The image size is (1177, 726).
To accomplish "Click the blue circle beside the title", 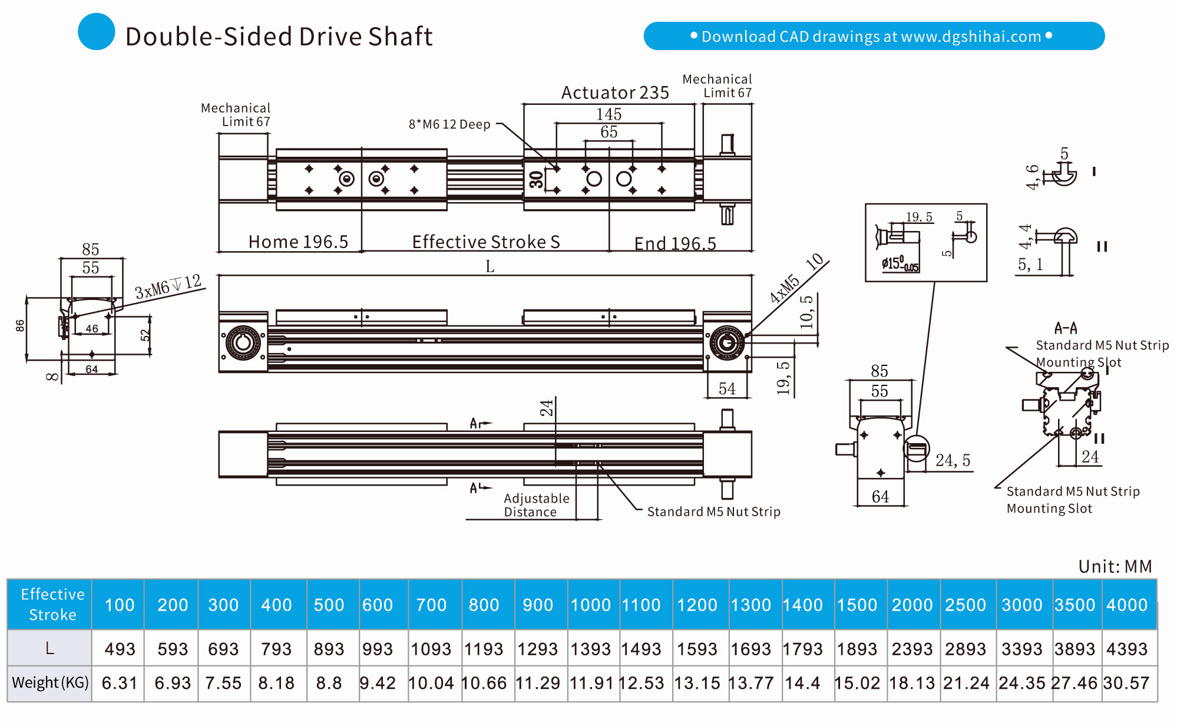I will [96, 32].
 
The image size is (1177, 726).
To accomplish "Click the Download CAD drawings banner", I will [874, 36].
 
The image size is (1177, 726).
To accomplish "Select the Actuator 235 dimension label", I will [614, 93].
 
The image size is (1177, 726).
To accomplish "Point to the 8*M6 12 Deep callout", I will [449, 124].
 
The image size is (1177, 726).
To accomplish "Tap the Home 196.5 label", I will [298, 242].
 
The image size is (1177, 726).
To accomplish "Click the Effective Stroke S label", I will [485, 242].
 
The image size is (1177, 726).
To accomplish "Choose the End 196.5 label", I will [675, 243].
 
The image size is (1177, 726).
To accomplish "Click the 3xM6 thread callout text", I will [168, 286].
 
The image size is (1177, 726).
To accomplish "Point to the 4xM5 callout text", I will [785, 289].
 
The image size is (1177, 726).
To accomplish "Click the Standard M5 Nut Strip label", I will [713, 511].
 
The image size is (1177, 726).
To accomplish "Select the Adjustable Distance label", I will [536, 505].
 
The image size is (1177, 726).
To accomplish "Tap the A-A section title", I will [1066, 328].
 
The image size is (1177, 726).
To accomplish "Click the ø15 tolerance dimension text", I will [900, 263].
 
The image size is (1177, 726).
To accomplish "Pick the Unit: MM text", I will [1115, 566].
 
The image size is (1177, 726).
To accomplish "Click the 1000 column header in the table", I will [591, 605].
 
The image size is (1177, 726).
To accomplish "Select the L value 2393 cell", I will [912, 649].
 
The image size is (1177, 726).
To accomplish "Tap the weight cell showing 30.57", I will [1126, 683].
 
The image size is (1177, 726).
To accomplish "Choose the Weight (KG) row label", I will [50, 682].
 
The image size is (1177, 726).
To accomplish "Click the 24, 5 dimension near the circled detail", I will [953, 460].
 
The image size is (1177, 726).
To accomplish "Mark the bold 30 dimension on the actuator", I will [536, 179].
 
